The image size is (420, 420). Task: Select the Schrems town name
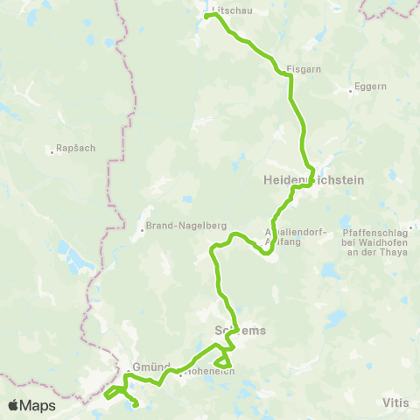(x=239, y=330)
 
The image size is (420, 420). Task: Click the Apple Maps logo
(x=31, y=405)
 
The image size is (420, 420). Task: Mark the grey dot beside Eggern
(x=348, y=88)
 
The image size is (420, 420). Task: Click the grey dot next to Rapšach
(x=52, y=149)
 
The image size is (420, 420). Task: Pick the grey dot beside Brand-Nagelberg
(x=142, y=231)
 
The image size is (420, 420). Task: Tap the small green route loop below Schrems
(x=223, y=360)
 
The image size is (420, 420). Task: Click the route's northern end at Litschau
(x=206, y=16)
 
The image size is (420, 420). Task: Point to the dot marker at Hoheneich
(x=181, y=376)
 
